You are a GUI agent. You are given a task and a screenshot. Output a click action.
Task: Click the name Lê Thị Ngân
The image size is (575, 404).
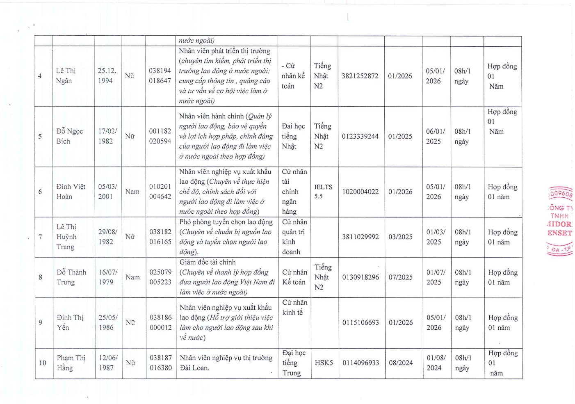click(66, 76)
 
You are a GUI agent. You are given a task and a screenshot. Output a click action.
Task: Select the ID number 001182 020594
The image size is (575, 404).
click(160, 136)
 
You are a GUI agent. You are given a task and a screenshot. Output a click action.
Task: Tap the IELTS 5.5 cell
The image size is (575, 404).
click(323, 192)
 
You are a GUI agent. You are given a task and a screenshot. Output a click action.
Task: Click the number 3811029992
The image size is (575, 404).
click(361, 237)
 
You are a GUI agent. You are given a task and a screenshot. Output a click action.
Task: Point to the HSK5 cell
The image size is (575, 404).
click(324, 363)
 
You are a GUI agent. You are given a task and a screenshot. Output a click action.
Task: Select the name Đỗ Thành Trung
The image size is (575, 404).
click(71, 277)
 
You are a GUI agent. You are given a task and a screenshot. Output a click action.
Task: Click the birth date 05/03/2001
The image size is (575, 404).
click(107, 192)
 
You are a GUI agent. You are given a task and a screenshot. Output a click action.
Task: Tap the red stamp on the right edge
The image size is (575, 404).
click(560, 221)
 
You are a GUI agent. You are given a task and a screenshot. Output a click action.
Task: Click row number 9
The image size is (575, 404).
click(40, 322)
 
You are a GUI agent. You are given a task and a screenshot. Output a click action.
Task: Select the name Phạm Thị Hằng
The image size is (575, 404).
click(71, 363)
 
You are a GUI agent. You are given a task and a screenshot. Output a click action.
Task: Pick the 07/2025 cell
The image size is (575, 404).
click(400, 277)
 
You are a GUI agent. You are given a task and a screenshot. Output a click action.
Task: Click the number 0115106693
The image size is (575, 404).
click(361, 323)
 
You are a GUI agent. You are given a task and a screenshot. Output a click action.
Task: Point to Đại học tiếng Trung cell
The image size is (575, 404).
click(294, 363)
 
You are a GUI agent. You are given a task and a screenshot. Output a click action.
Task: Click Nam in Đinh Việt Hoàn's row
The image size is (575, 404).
click(132, 192)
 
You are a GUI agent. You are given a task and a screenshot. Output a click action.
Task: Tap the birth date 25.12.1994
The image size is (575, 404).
click(107, 76)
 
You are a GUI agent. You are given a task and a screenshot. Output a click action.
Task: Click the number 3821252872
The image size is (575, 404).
click(360, 76)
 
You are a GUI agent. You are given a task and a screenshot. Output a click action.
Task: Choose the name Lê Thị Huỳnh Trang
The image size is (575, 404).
click(66, 237)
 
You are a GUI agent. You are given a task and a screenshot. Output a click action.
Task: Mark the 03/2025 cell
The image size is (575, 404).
click(400, 237)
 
